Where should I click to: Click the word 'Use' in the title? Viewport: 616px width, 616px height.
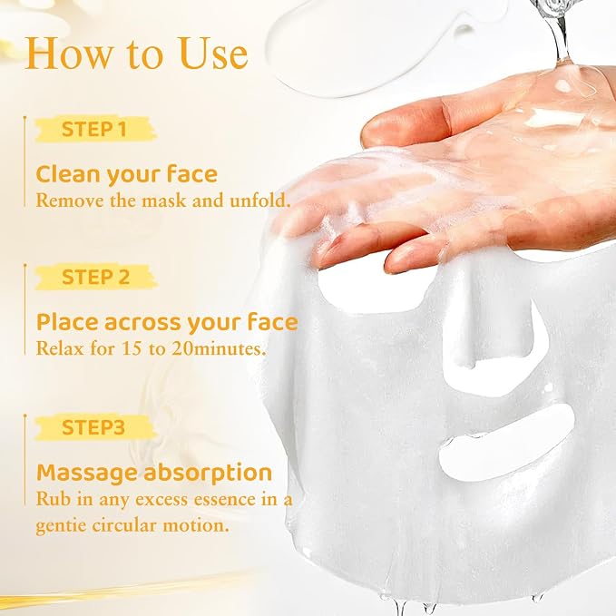coord(213,54)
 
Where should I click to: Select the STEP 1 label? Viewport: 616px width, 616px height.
coord(94,129)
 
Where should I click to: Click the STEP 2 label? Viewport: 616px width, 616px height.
coord(95,277)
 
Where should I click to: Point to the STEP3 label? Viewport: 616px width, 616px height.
coord(93,427)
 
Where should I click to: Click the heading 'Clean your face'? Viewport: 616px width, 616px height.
coord(126,174)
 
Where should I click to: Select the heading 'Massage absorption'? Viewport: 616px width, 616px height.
coord(154,473)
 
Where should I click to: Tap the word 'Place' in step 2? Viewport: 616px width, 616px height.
coord(67,322)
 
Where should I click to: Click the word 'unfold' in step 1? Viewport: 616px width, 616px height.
coord(260,200)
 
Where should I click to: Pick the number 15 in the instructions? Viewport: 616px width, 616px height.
coord(132,348)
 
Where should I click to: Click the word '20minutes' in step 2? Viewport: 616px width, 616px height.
coord(219,348)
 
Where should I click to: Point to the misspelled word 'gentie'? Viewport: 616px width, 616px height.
coord(61,526)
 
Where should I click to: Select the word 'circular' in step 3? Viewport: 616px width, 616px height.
coord(124,525)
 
